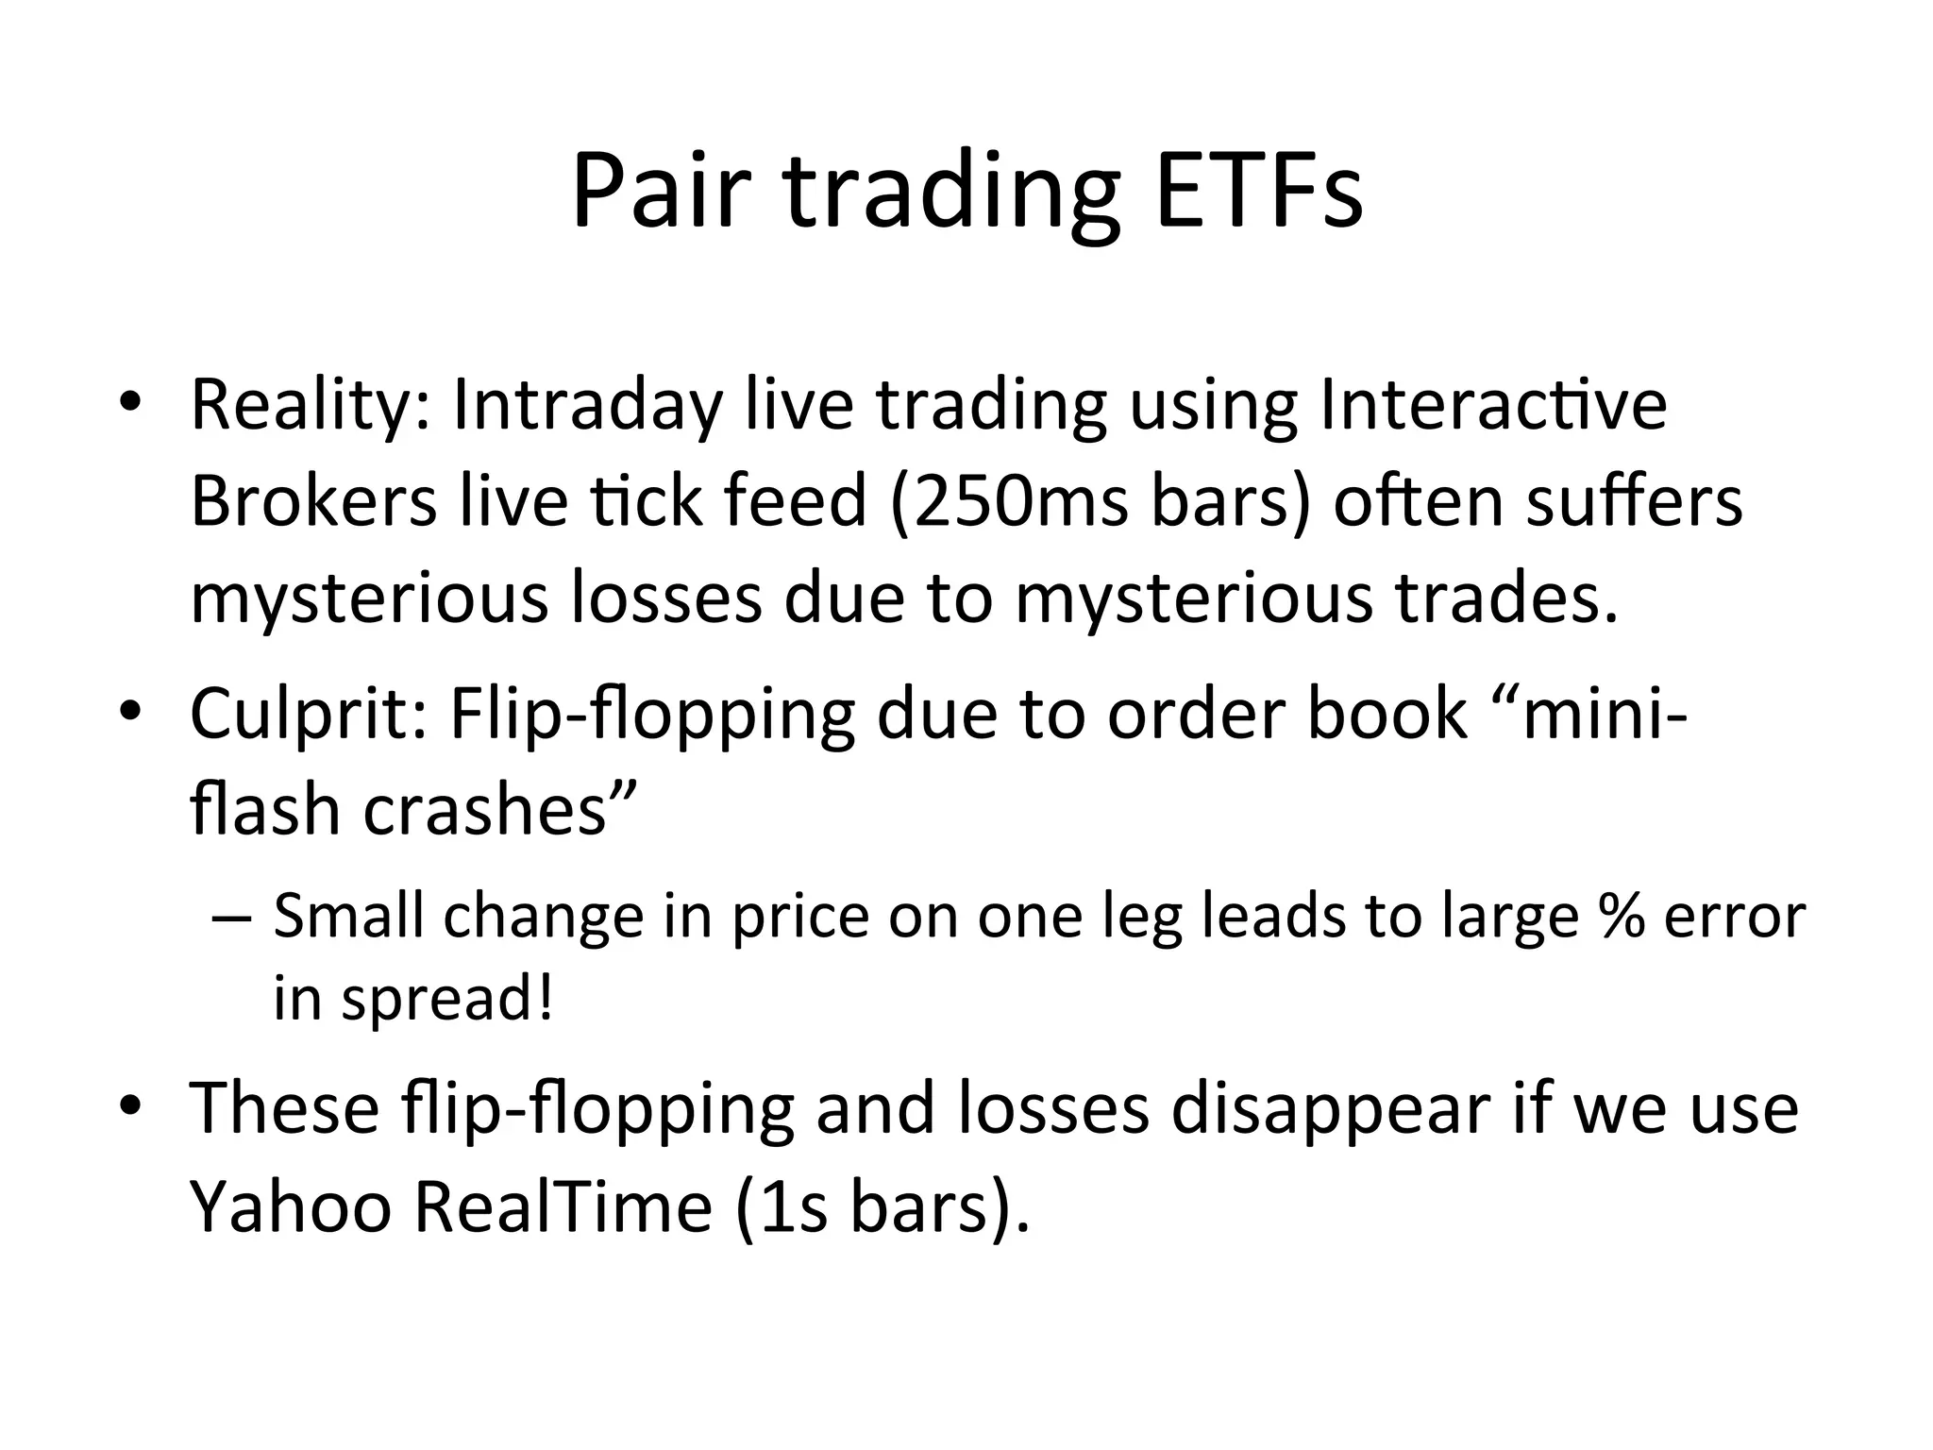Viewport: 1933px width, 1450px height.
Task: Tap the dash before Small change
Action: point(230,918)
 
